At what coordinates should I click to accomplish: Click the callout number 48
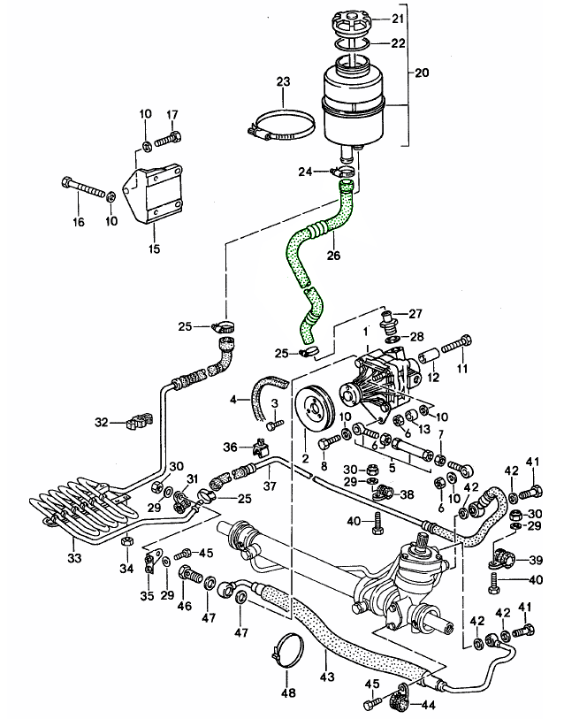point(287,690)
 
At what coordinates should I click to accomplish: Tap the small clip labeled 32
point(135,422)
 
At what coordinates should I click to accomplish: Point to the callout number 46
point(184,607)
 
